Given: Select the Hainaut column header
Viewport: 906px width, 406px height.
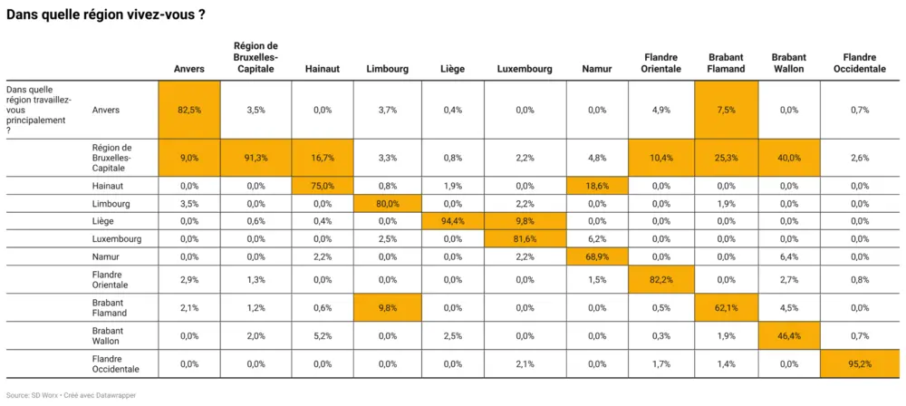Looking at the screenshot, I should [x=323, y=68].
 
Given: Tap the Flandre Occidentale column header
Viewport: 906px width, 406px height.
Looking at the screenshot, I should [x=860, y=63].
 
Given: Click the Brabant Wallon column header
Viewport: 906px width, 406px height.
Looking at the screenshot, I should [x=790, y=63].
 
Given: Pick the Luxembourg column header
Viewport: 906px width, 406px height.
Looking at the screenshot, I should [x=525, y=68].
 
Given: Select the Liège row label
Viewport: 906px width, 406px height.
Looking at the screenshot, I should [x=104, y=221].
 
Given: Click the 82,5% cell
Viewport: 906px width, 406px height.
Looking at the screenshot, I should [x=188, y=110].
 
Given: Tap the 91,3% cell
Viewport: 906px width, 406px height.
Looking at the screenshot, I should [x=255, y=157].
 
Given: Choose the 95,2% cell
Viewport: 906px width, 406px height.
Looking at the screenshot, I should [x=860, y=363].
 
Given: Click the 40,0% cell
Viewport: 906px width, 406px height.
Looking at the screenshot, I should [x=790, y=157].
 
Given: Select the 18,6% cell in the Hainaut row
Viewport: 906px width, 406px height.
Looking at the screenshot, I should [x=596, y=185].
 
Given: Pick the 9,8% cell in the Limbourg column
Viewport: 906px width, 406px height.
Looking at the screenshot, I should [x=387, y=307].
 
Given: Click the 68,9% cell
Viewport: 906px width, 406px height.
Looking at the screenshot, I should [x=596, y=256].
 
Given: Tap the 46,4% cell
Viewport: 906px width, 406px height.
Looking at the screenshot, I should [x=790, y=336].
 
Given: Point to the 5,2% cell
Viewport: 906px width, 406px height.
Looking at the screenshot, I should [x=323, y=336].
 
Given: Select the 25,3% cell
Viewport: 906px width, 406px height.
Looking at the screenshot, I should [x=727, y=157].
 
